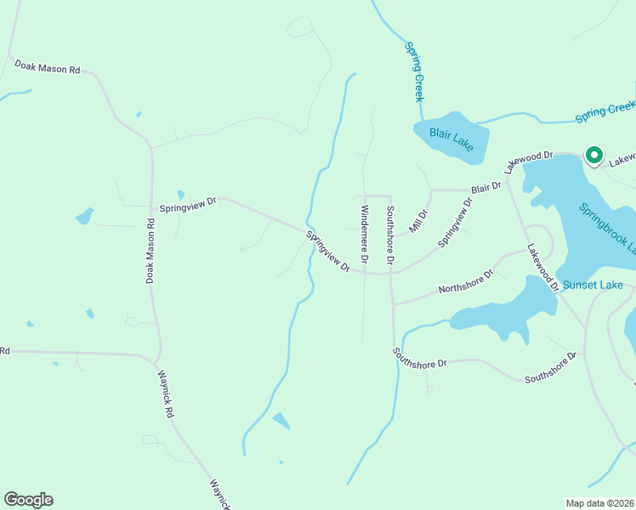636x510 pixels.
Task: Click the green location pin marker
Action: [593, 156]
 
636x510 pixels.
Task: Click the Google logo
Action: [28, 500]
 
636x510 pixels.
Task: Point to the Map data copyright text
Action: [600, 502]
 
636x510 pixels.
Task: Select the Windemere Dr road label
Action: [365, 232]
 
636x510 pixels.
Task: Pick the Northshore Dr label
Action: [466, 282]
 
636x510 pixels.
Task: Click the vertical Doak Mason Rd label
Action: [150, 251]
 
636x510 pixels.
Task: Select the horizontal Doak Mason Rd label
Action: [48, 67]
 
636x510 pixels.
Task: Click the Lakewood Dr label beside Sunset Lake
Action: [542, 269]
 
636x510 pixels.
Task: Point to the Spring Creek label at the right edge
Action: [605, 110]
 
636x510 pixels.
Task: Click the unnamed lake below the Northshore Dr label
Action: [497, 311]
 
